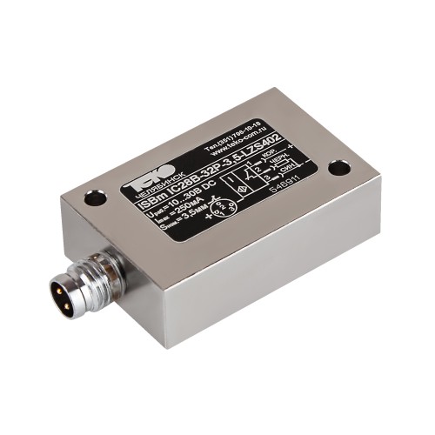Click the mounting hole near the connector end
point(95,199)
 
